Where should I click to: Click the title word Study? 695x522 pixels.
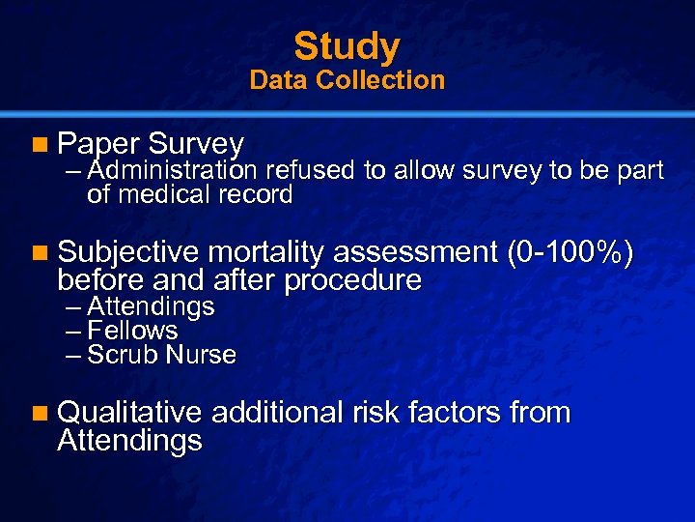click(347, 45)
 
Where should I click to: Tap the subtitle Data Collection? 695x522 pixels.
click(347, 80)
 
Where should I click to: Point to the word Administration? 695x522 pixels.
click(172, 171)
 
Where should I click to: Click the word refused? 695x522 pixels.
click(311, 171)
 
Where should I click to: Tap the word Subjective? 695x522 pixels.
click(128, 254)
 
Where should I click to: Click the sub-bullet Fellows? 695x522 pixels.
click(132, 331)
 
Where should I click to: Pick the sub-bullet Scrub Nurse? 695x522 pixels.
click(161, 355)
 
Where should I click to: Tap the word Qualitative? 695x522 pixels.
click(129, 414)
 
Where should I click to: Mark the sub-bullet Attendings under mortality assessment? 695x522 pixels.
click(151, 307)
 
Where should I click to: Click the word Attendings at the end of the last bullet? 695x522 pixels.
click(129, 441)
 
